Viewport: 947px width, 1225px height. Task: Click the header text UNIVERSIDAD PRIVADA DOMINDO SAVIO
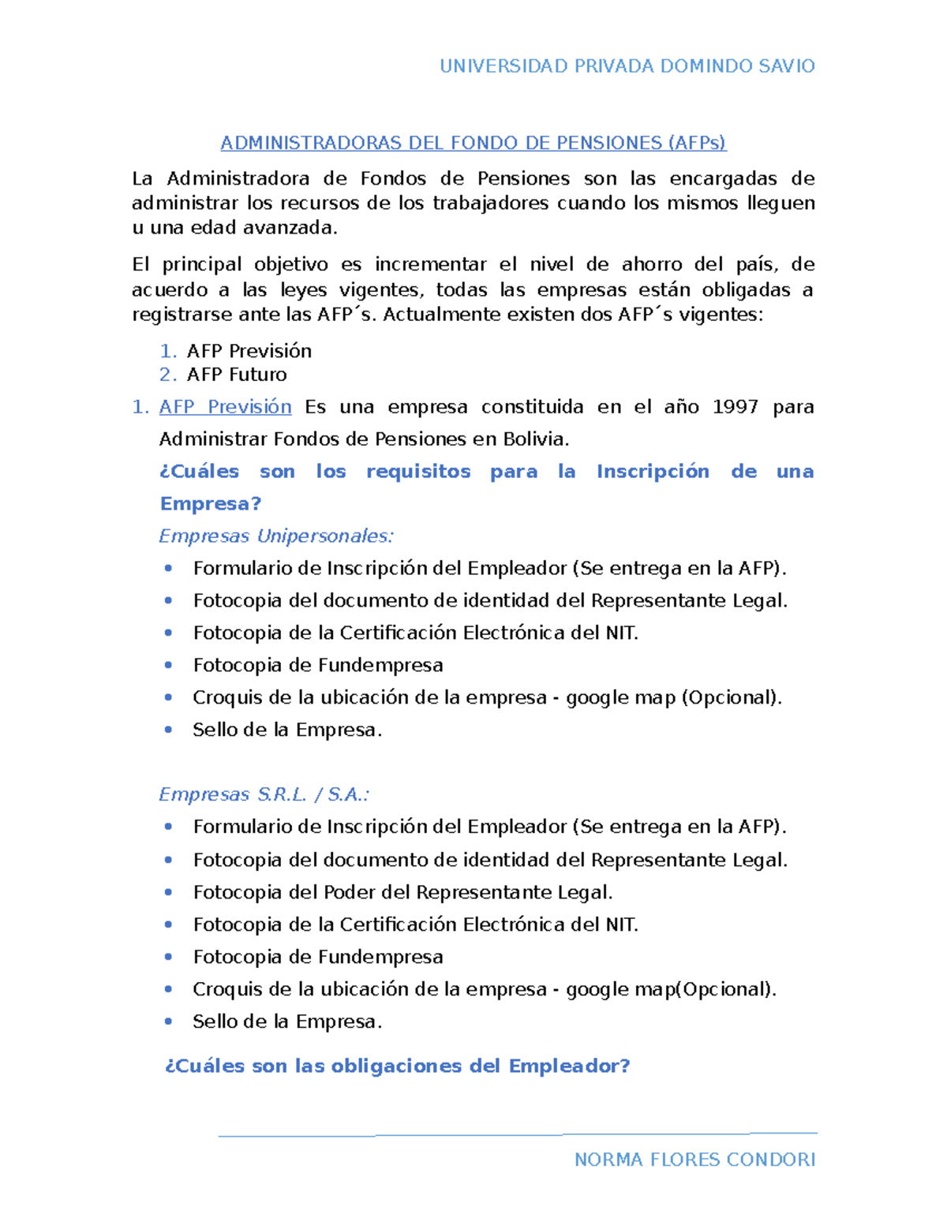coord(627,66)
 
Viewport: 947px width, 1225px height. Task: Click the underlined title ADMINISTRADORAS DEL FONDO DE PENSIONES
coord(473,143)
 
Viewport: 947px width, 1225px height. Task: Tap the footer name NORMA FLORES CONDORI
coord(694,1160)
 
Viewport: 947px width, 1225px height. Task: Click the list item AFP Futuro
coord(236,375)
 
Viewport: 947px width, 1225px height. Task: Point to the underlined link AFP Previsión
coord(225,407)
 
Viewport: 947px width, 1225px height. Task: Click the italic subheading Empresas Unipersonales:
coord(275,536)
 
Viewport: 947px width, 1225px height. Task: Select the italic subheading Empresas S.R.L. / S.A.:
coord(264,794)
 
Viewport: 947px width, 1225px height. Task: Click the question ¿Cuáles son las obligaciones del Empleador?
coord(397,1066)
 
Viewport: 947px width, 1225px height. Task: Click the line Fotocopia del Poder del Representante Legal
coord(402,892)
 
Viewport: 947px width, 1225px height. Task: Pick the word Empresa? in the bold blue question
coord(210,504)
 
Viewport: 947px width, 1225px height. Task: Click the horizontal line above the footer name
coord(517,1135)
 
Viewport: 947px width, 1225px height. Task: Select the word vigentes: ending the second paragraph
coord(721,315)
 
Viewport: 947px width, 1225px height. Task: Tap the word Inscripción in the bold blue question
coord(653,472)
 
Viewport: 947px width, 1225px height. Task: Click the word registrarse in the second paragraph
coord(180,315)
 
